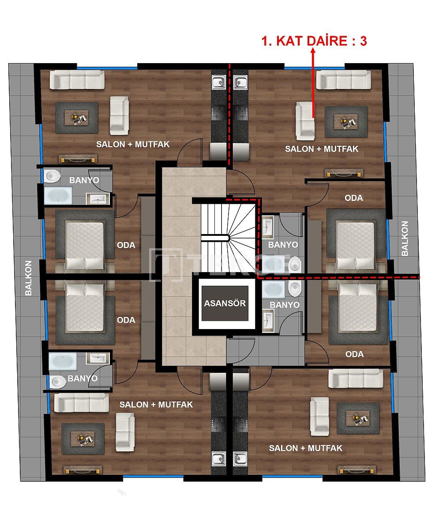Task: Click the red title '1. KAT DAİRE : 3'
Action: tap(314, 41)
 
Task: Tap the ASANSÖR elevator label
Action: tap(225, 303)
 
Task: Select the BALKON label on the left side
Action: tap(28, 278)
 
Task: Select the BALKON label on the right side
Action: tap(405, 238)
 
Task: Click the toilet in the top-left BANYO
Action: tap(52, 176)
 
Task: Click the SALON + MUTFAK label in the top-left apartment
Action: tap(133, 144)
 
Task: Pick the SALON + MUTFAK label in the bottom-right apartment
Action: tap(305, 448)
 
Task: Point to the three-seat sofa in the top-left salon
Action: tap(77, 81)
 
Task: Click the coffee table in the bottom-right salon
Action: tap(358, 418)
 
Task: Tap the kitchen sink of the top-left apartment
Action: tap(218, 82)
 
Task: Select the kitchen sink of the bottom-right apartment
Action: tap(240, 458)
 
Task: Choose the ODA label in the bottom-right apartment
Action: tap(354, 354)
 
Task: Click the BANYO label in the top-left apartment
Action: tap(84, 180)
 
